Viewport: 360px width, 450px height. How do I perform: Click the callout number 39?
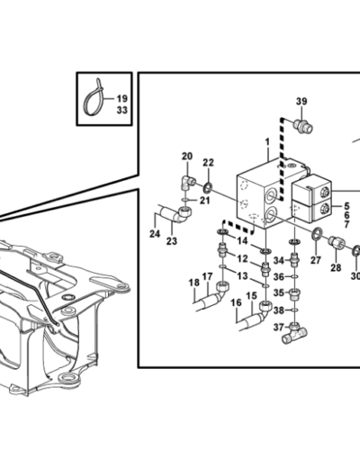[301, 102]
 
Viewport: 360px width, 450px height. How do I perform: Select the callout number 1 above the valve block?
[267, 142]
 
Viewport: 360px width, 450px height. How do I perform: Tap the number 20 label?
[187, 157]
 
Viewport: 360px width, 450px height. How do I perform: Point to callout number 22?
[208, 163]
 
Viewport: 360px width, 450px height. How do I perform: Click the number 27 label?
[316, 260]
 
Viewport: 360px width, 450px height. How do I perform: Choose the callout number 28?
[336, 267]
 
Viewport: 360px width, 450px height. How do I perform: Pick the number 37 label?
[279, 328]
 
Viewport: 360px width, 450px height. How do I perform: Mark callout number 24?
[155, 233]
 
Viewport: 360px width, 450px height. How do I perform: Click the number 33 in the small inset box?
[121, 111]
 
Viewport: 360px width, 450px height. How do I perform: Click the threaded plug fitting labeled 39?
[303, 126]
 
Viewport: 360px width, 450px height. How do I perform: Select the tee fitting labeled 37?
[294, 332]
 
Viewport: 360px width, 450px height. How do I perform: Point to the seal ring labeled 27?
[317, 234]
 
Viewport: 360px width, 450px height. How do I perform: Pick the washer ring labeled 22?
[207, 188]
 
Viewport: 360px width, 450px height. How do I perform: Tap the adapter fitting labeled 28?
[337, 242]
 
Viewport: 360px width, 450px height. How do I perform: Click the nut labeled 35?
[294, 294]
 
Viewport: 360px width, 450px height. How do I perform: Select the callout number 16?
[237, 302]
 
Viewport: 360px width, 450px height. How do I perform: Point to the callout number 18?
[194, 283]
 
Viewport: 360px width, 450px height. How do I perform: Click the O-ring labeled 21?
[185, 200]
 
